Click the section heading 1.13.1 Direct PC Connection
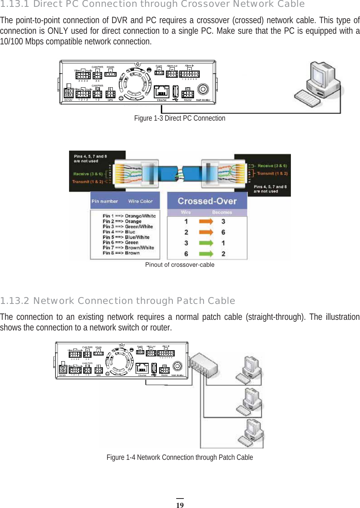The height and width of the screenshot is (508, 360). (152, 4)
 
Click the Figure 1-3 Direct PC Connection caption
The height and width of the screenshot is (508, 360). (180, 118)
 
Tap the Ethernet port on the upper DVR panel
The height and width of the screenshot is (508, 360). (162, 91)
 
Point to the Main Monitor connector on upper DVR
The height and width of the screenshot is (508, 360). (203, 90)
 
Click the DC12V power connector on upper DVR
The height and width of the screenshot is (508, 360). (68, 93)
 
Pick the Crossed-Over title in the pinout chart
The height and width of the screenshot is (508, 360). (207, 201)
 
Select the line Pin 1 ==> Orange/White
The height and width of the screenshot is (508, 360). (129, 216)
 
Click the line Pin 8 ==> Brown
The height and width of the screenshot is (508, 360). (121, 253)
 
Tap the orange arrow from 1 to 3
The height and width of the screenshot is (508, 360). (206, 222)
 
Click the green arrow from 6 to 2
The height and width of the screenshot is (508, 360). (206, 254)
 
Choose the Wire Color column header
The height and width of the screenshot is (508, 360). (141, 201)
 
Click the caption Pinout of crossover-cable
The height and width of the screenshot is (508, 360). (180, 265)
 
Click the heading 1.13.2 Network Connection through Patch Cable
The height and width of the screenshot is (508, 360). (118, 301)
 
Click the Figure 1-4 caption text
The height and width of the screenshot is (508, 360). (180, 458)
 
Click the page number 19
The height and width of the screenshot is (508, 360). (180, 505)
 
